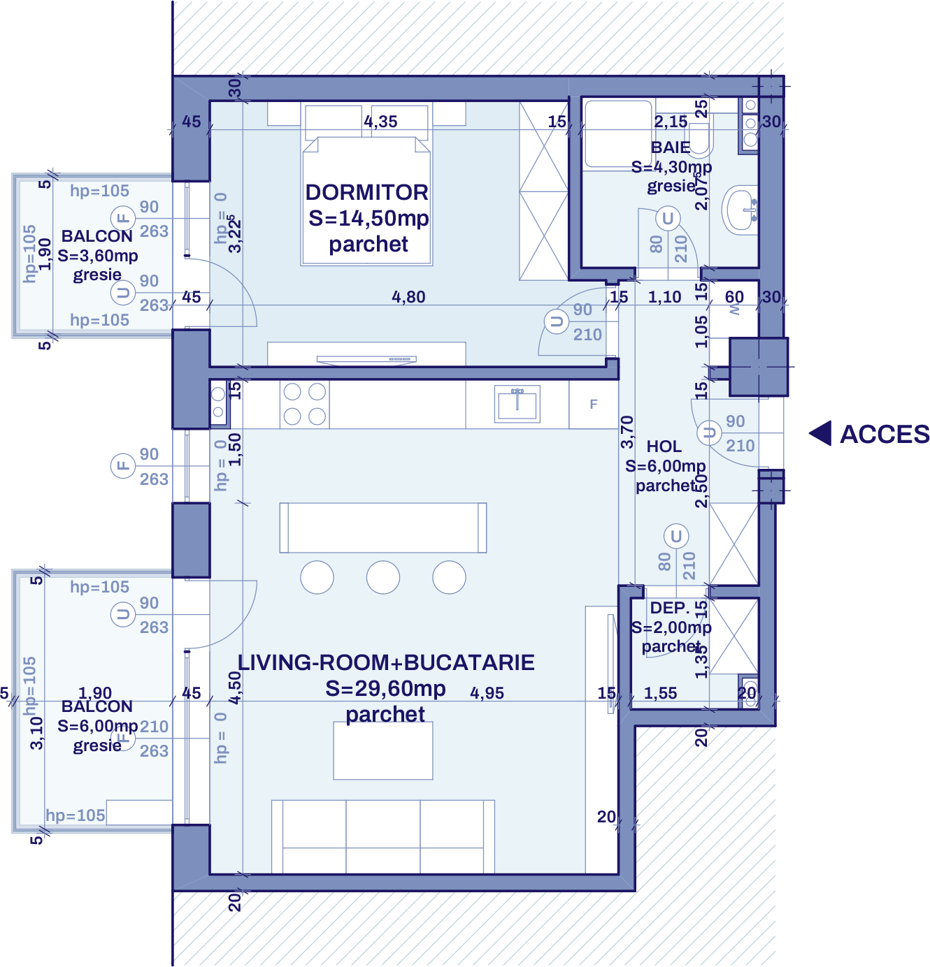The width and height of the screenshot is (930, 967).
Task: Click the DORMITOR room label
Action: [x=366, y=192]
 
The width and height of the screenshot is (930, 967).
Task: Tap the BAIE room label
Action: [x=671, y=147]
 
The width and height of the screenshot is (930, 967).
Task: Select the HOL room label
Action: [x=664, y=446]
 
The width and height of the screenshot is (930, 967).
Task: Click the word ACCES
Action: [x=884, y=435]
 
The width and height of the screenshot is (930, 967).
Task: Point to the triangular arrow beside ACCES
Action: [x=821, y=433]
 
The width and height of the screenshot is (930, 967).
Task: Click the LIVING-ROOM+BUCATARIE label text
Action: [x=386, y=662]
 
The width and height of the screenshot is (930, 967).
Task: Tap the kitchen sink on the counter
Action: [x=517, y=404]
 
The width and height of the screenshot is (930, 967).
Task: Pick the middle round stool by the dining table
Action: [x=383, y=578]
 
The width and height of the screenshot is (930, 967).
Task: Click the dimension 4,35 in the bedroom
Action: [x=380, y=122]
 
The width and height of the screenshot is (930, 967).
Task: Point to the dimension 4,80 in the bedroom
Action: [x=408, y=297]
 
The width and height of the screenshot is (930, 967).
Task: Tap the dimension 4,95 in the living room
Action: [x=487, y=693]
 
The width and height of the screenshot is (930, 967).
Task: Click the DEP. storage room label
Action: [x=669, y=608]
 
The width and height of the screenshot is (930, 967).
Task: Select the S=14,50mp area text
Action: [x=369, y=218]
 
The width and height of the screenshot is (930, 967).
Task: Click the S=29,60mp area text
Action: [x=385, y=688]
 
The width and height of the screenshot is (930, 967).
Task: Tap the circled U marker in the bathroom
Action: [x=668, y=219]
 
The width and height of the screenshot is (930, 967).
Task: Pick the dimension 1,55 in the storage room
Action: [x=660, y=693]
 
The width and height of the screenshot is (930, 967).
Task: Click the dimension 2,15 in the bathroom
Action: [x=671, y=122]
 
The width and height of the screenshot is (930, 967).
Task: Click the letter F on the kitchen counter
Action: [x=594, y=404]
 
